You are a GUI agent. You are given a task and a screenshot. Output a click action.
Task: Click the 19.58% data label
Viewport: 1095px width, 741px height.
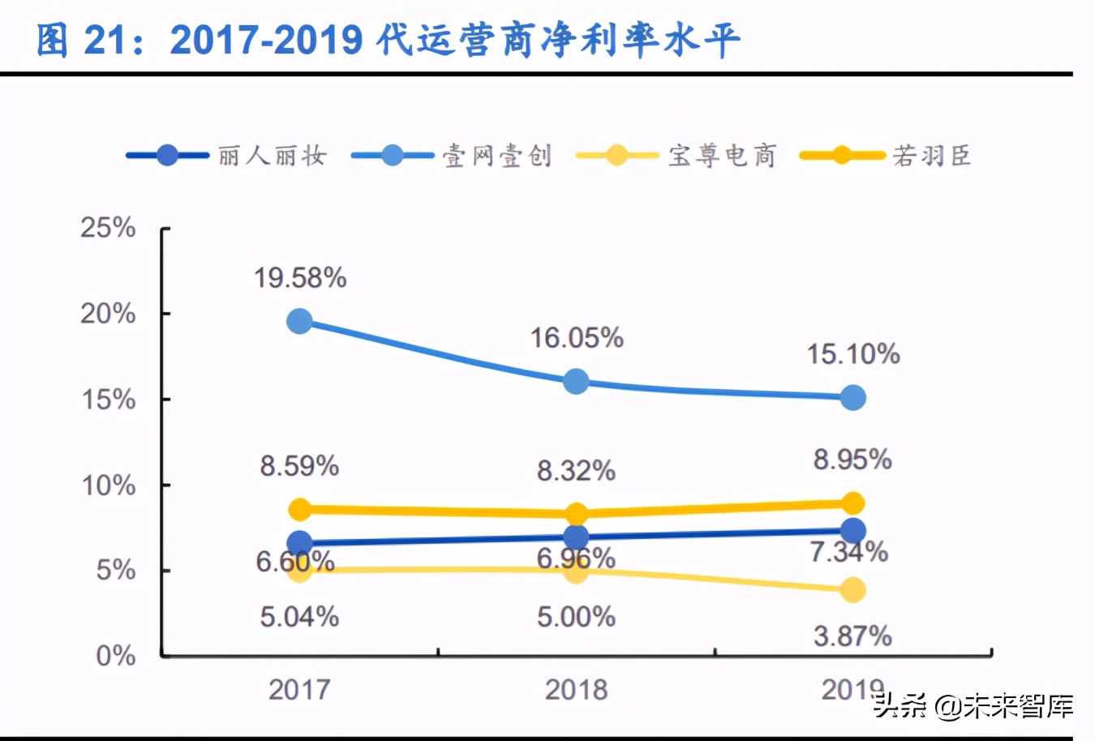coord(300,278)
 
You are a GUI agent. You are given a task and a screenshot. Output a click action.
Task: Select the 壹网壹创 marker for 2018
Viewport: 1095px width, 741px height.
coord(576,381)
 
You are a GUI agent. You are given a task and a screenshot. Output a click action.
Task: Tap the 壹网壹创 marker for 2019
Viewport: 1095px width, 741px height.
coord(852,397)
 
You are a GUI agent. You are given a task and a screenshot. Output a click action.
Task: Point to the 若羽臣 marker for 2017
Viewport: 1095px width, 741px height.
coord(300,509)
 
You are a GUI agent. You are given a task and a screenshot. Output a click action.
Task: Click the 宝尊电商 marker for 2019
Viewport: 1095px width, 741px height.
coord(852,589)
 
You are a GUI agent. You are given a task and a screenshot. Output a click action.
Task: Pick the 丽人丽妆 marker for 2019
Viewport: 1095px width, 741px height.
coord(852,531)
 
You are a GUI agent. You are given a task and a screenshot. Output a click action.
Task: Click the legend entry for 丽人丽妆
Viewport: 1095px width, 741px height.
coord(227,155)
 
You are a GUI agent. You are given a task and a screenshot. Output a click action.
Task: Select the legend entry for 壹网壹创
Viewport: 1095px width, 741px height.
coord(452,155)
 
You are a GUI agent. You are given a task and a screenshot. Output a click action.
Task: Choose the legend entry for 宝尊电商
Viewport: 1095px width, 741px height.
coord(676,155)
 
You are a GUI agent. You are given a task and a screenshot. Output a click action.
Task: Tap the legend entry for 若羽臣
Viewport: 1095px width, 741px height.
coord(886,155)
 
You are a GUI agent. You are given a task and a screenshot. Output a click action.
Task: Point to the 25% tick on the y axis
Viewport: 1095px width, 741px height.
coord(108,228)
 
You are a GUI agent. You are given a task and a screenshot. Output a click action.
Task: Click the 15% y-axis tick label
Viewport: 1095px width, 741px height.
coord(108,400)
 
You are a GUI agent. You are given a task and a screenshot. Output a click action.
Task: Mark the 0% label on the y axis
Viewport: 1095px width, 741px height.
coord(115,656)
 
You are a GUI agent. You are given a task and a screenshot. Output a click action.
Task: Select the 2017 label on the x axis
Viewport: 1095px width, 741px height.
coord(299,690)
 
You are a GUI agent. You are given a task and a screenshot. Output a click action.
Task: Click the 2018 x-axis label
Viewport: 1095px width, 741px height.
coord(576,690)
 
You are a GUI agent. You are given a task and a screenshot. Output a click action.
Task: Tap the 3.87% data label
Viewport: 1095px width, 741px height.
coord(852,636)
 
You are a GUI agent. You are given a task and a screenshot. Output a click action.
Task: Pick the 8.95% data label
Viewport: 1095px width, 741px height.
coord(852,460)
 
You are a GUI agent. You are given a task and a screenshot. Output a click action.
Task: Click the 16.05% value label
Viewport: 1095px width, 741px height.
coord(577,338)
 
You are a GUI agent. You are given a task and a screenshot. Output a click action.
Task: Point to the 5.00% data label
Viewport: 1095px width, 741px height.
coord(576,617)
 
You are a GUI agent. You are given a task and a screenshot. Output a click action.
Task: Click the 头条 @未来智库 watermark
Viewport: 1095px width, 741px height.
coord(973,706)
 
